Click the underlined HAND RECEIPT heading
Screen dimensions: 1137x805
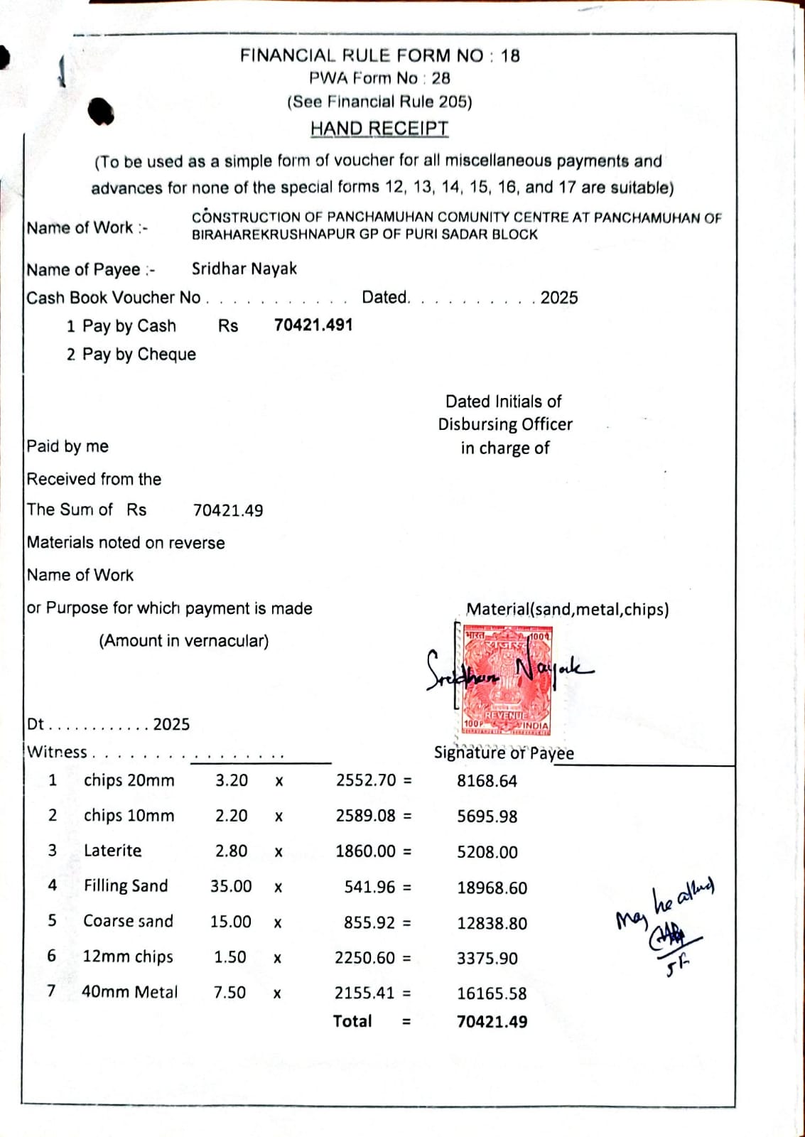pos(379,129)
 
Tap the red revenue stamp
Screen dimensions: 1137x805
pos(506,679)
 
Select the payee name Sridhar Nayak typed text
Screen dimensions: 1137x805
pos(244,269)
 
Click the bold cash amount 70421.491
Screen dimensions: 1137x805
pos(313,325)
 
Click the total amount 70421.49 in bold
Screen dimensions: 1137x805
pos(492,1022)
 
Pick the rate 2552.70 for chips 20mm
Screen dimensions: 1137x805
pos(366,780)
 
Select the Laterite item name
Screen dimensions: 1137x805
pos(112,851)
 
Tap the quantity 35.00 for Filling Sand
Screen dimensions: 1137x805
pos(231,886)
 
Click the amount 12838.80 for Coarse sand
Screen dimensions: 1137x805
pos(492,923)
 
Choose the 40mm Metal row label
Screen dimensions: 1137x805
pos(129,991)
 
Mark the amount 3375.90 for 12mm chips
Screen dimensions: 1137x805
pos(487,958)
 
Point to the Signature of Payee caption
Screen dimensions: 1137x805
pos(504,753)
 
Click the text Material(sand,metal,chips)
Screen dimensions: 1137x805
pos(567,609)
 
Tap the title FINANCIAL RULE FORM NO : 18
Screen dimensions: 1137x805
pos(379,55)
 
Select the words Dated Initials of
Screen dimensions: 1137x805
pos(503,402)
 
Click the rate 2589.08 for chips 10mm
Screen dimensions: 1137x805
pos(366,816)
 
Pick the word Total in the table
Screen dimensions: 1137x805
pos(352,1021)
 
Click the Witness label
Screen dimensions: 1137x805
pos(57,752)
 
